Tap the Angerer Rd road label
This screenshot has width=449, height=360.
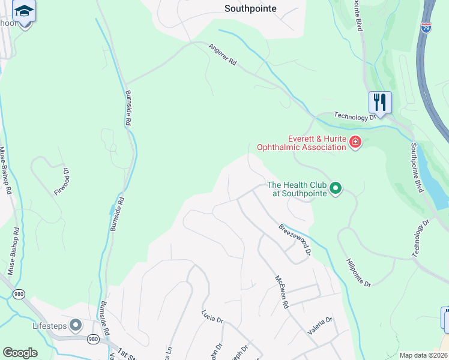click(x=223, y=55)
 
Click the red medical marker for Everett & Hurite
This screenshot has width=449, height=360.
click(x=355, y=143)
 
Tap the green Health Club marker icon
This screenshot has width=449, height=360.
click(x=336, y=189)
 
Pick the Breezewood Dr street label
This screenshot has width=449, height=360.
click(x=294, y=240)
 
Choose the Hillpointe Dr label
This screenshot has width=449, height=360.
click(x=359, y=272)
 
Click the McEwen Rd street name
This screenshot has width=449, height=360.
click(x=282, y=293)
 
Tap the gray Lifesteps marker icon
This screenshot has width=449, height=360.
click(x=76, y=326)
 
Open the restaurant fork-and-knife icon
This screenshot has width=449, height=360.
click(x=380, y=102)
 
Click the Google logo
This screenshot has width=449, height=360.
click(x=20, y=353)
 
